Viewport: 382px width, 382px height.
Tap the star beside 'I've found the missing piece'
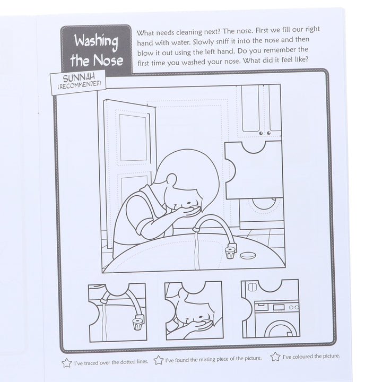point(158,360)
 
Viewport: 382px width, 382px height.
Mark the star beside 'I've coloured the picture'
point(275,357)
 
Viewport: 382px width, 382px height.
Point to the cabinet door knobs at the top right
point(266,133)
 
